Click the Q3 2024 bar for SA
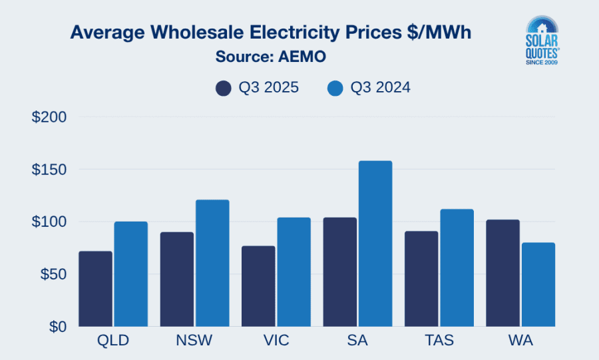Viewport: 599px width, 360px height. click(375, 244)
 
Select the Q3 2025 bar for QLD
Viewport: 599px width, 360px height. click(95, 289)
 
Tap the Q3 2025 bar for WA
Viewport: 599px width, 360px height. click(502, 273)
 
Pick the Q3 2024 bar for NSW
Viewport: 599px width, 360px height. click(212, 263)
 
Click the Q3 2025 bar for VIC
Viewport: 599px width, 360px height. click(258, 286)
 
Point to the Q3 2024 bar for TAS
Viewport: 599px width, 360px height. click(457, 268)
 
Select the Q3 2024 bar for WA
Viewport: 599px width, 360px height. click(538, 284)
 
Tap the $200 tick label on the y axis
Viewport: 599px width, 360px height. click(49, 117)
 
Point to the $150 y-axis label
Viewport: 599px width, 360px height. click(49, 170)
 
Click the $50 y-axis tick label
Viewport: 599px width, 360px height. click(53, 274)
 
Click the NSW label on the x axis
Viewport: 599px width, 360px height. click(194, 341)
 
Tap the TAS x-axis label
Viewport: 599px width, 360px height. click(439, 341)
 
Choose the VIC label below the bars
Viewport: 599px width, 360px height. click(276, 341)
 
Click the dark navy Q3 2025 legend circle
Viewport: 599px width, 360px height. click(223, 89)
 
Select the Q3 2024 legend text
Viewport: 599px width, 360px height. click(380, 89)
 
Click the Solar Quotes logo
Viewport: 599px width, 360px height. click(542, 41)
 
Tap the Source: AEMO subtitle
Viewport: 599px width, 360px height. click(270, 57)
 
